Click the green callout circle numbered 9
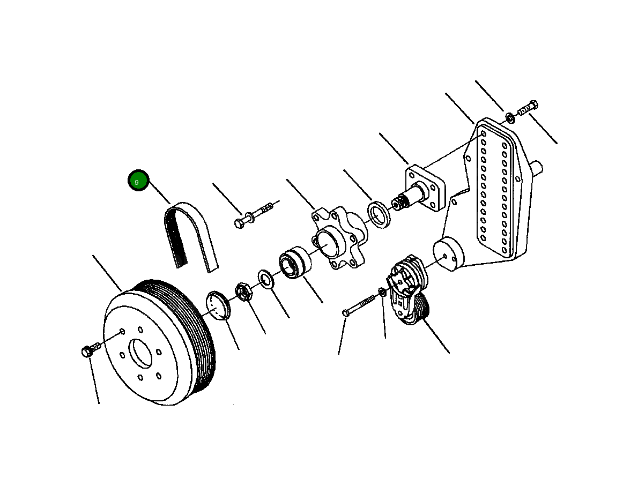tap(138, 181)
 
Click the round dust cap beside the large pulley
tap(218, 305)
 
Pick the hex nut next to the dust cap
tap(242, 291)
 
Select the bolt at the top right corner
tap(528, 109)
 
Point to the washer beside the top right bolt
tap(509, 117)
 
